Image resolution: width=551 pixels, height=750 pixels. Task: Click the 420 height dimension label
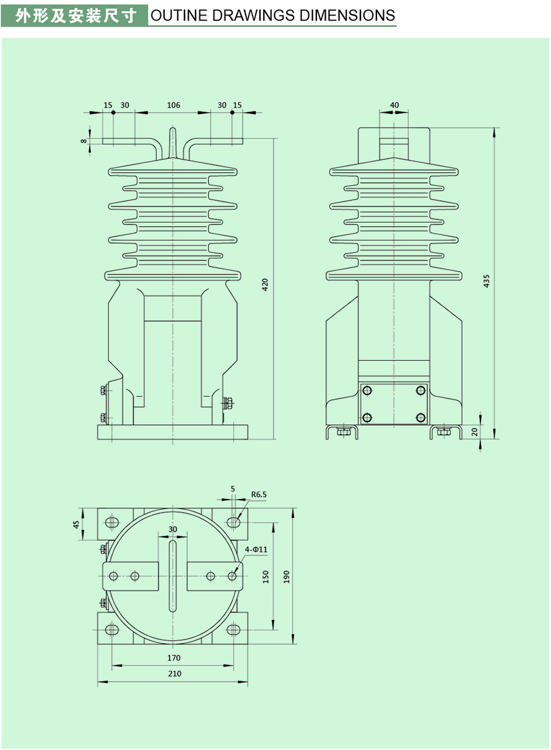click(265, 285)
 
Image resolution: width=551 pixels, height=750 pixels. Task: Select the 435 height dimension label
click(486, 280)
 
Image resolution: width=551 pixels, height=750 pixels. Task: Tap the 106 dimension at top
click(173, 105)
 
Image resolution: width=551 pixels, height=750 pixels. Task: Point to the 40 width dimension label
click(394, 105)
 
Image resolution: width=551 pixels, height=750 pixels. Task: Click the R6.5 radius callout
click(259, 495)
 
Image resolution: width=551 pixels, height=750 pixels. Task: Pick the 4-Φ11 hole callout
click(256, 549)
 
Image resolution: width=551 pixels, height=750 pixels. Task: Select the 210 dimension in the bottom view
click(175, 674)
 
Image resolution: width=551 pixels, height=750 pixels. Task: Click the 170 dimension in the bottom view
click(173, 658)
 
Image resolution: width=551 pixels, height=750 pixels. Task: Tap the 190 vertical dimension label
click(286, 577)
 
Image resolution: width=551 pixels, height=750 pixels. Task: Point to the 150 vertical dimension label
click(266, 577)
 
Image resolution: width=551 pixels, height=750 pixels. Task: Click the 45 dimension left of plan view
click(77, 524)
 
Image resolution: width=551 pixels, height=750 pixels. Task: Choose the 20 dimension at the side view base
click(475, 431)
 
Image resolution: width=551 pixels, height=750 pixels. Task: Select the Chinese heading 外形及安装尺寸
click(75, 15)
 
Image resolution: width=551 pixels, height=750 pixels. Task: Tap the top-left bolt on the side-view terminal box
click(367, 390)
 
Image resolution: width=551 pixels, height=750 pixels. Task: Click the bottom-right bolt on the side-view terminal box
click(421, 417)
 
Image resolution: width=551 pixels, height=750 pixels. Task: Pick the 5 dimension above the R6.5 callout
click(233, 488)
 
